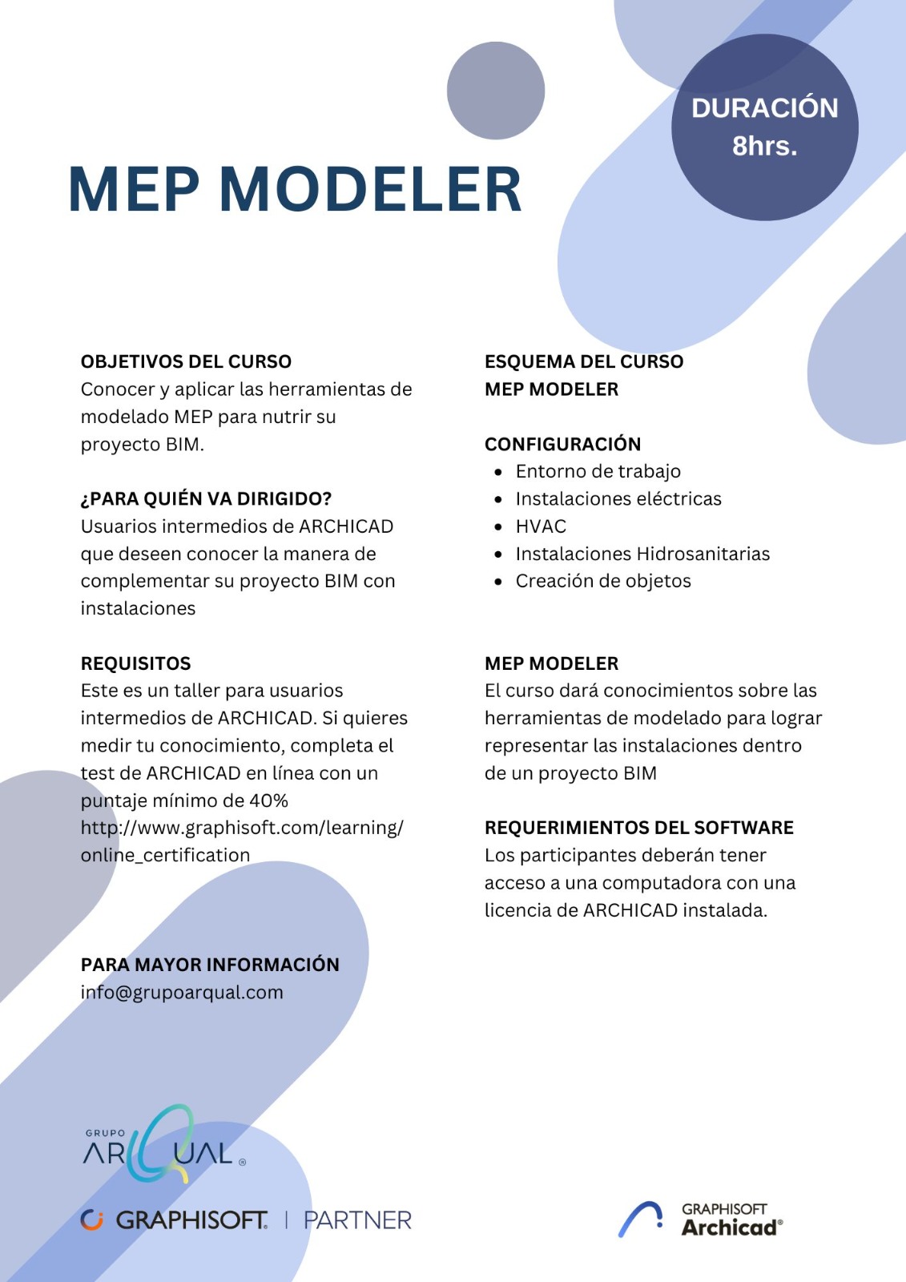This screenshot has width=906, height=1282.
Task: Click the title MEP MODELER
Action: point(295,190)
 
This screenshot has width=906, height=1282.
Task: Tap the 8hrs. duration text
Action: point(764,146)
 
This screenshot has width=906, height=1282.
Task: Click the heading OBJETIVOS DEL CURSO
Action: point(186,361)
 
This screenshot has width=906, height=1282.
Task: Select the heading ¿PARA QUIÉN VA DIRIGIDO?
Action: point(206,498)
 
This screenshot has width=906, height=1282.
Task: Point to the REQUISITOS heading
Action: point(135,663)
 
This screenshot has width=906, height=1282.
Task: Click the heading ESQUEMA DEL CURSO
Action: point(584,361)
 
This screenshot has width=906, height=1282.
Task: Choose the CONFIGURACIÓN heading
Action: point(562,444)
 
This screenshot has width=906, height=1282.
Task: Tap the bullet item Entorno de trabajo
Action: point(598,471)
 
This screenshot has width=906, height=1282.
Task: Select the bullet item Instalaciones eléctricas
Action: point(618,498)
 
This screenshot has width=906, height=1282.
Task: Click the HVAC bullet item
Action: point(541,526)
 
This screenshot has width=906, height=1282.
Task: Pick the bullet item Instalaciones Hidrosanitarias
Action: point(642,554)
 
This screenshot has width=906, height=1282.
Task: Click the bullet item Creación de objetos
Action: point(602,581)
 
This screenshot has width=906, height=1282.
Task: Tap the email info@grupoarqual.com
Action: point(182,992)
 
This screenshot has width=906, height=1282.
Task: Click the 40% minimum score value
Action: point(268,800)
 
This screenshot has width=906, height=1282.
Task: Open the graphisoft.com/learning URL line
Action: point(242,828)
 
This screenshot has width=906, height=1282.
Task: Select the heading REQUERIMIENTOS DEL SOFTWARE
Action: point(638,828)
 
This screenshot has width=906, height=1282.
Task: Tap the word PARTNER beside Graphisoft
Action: point(357,1220)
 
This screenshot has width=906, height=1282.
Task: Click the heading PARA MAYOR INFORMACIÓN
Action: point(210,965)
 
